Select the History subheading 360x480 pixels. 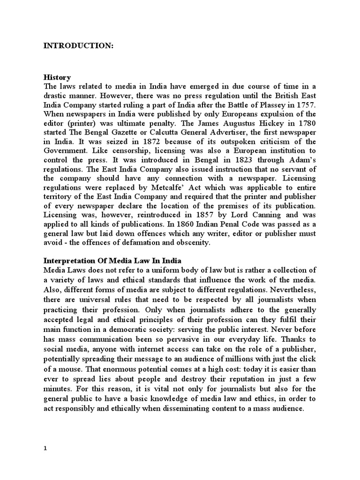coord(57,77)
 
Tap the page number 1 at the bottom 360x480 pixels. coord(45,448)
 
